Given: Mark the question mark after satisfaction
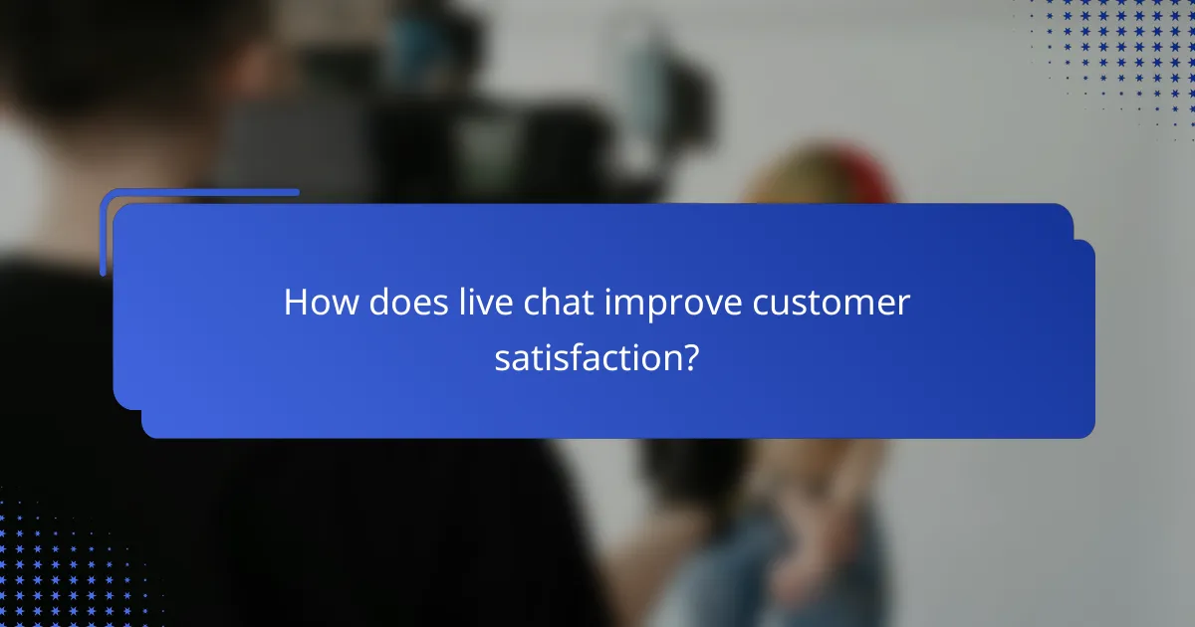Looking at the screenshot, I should coord(689,357).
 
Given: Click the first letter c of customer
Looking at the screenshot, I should coord(763,305).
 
